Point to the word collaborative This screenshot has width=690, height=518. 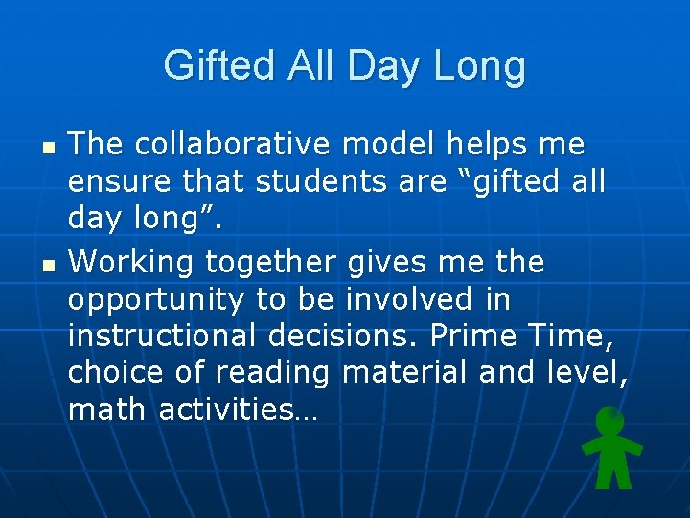234,145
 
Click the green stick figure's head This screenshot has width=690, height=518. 609,419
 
